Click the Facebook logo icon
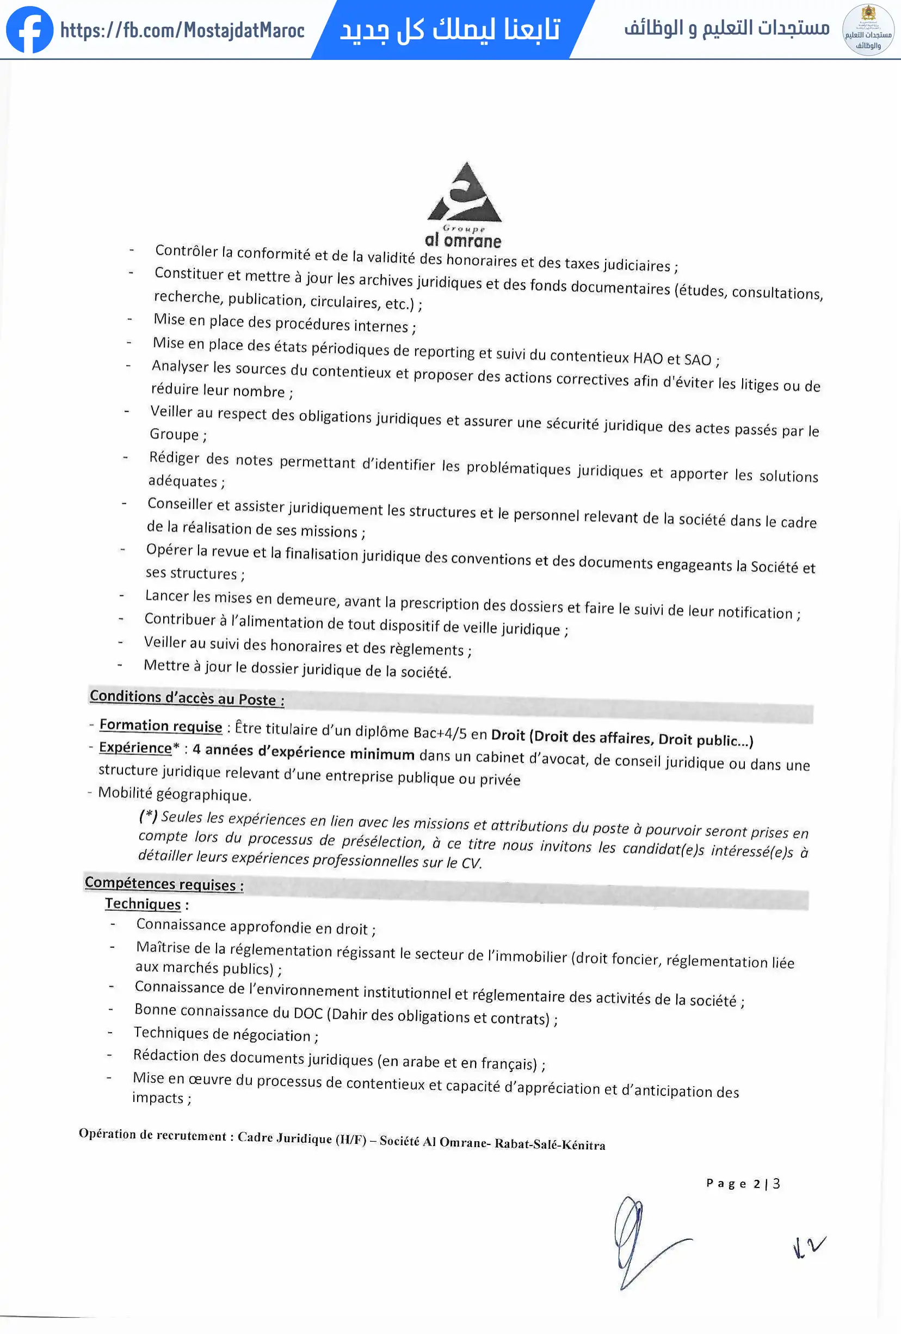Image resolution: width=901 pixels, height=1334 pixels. pos(29,30)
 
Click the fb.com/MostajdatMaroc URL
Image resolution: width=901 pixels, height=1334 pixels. pos(182,31)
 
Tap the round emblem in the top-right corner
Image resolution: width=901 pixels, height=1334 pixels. pos(868,30)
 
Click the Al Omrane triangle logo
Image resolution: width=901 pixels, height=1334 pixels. pos(465,194)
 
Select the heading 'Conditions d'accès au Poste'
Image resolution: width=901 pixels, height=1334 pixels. pos(187,698)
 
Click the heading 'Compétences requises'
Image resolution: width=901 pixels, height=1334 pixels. pos(164,884)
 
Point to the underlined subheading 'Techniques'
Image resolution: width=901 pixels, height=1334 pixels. pos(143,904)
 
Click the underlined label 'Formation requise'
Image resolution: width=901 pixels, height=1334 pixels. pos(161,726)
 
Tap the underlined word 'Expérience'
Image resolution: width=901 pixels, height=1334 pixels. pos(135,748)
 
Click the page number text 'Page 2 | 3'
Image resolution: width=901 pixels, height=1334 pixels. pos(743,1183)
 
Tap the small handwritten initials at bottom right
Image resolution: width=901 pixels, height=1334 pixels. pos(809,1247)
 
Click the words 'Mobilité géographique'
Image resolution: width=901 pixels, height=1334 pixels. pos(174,794)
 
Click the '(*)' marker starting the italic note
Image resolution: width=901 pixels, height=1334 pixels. pos(148,815)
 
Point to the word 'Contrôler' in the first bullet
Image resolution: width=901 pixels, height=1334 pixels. pos(187,251)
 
